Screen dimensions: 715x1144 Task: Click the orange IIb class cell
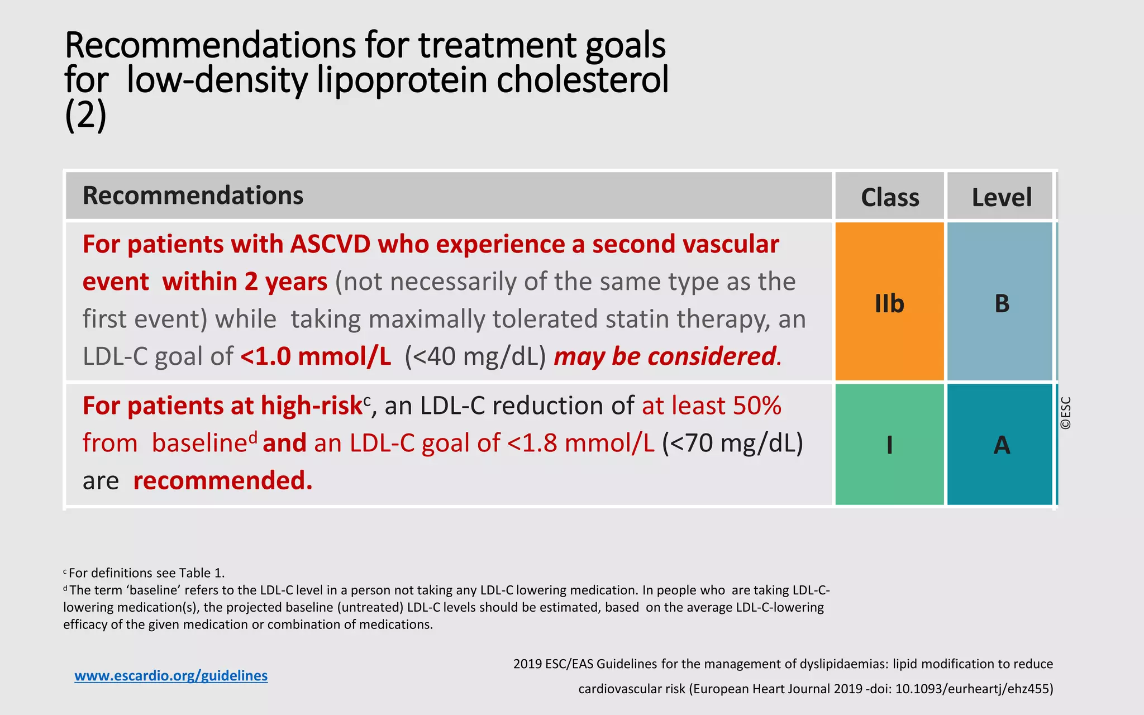[889, 302]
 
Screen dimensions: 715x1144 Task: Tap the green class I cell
[889, 445]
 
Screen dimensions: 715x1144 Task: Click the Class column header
[889, 197]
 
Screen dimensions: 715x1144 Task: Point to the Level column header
[1001, 197]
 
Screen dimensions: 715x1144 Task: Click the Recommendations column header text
[193, 196]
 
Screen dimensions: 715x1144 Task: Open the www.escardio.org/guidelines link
[171, 676]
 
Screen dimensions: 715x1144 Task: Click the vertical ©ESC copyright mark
[1066, 413]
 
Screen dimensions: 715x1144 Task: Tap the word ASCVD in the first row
[330, 245]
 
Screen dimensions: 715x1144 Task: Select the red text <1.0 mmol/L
[316, 356]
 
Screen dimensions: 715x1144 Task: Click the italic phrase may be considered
[665, 356]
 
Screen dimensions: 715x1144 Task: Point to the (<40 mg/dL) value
[475, 356]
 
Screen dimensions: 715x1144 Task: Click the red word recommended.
[222, 480]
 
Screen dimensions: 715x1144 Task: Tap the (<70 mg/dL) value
[732, 443]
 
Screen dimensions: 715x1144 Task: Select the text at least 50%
[711, 406]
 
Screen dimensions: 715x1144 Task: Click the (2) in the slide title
[85, 116]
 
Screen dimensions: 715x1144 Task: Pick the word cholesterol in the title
[582, 79]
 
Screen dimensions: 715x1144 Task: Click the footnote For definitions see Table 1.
[146, 573]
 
